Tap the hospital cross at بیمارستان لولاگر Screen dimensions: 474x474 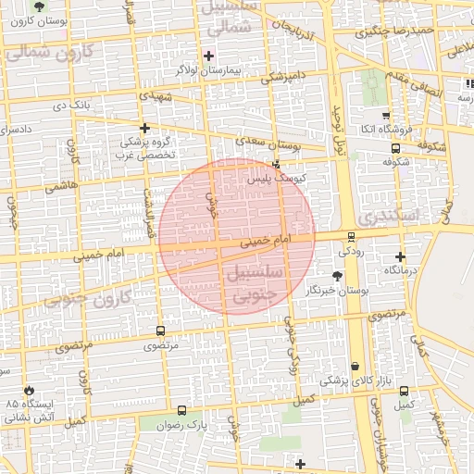[208, 56]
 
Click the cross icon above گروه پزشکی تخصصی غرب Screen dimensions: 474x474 [143, 129]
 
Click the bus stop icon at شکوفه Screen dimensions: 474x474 [396, 148]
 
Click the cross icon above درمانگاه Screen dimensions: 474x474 [400, 256]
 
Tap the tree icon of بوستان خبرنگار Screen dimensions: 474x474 [337, 276]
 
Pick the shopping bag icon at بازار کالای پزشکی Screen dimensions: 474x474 [355, 367]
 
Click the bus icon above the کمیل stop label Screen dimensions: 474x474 [404, 391]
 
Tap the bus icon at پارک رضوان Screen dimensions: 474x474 [181, 409]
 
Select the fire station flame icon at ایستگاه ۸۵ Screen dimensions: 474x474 [30, 391]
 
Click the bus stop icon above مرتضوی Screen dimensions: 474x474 [161, 331]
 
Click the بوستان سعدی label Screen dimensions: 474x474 [275, 144]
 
